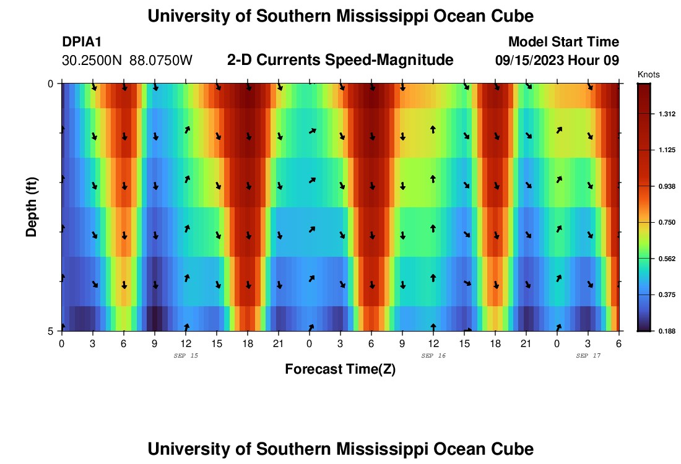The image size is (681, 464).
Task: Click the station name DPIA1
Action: [x=82, y=42]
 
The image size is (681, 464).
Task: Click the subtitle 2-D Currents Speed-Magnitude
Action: [x=340, y=60]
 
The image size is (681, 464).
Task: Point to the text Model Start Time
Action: [x=563, y=42]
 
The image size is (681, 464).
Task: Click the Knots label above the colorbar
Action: [x=649, y=75]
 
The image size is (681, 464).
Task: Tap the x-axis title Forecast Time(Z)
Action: [x=340, y=369]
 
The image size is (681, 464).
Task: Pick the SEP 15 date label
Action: [x=186, y=356]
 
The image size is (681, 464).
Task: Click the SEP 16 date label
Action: [x=433, y=356]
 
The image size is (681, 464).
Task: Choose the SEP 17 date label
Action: [x=588, y=356]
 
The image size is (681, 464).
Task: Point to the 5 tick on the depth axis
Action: [x=51, y=331]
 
